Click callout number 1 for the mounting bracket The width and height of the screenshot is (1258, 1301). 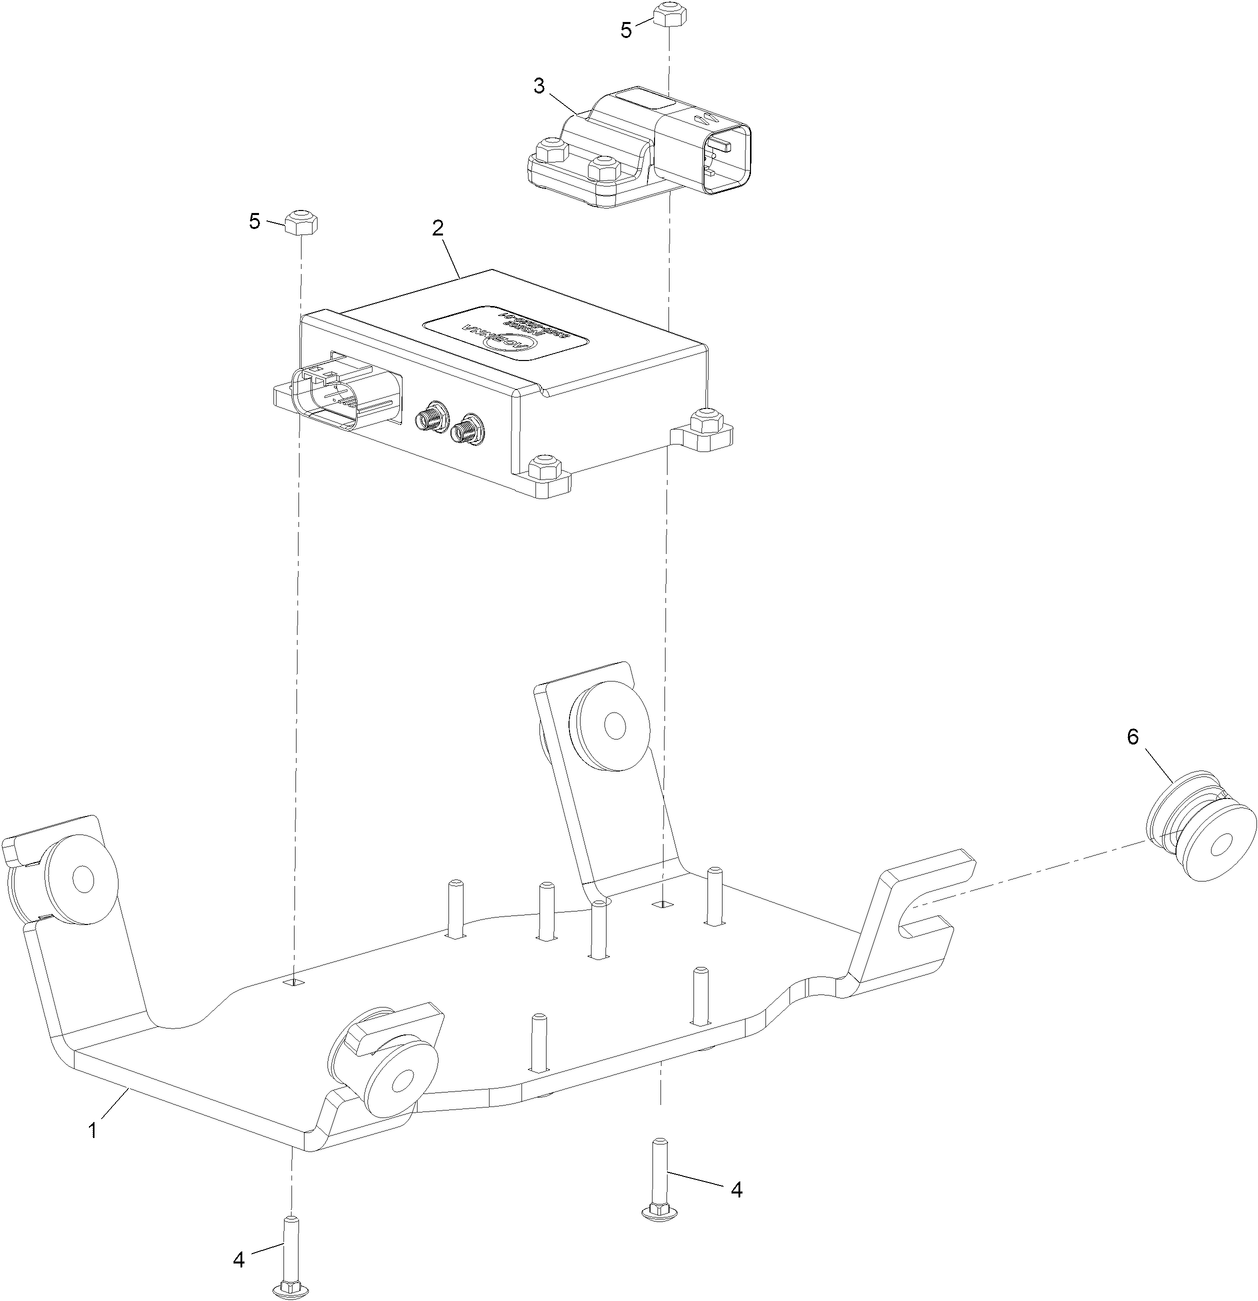coord(92,1131)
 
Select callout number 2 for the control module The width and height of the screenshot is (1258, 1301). coord(438,228)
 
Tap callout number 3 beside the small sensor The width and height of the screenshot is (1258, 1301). coord(539,86)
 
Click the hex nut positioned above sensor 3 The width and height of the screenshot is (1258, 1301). coord(667,15)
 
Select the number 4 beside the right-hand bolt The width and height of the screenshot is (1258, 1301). coord(736,1189)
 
